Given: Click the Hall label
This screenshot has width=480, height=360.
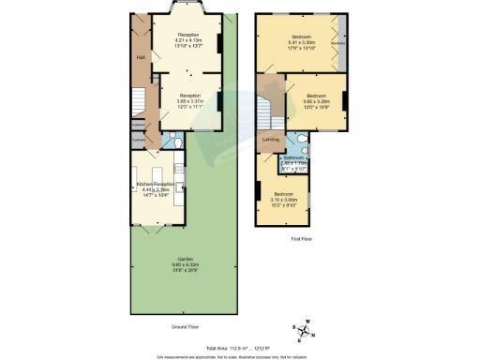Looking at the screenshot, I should coord(140,57).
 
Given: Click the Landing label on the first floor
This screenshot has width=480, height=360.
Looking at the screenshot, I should coord(270,142).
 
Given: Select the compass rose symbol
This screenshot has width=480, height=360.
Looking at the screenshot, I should coord(304,328).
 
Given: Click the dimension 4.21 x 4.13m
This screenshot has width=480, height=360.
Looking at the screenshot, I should coord(190,39).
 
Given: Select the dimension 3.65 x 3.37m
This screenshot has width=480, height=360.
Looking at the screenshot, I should coord(190,99).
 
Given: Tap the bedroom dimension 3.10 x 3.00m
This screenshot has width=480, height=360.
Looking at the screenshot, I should coord(283,199).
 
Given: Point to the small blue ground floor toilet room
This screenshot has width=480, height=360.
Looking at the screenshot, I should coord(168,142).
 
